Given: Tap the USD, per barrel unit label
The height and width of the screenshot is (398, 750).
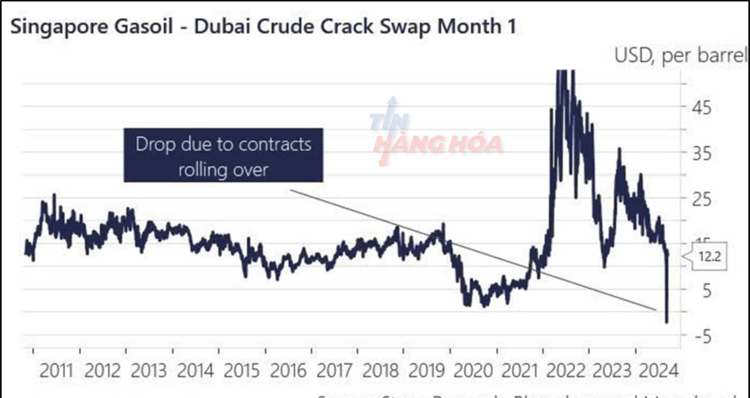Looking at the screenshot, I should tap(680, 55).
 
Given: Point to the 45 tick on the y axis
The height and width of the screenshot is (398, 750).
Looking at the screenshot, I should tap(702, 107).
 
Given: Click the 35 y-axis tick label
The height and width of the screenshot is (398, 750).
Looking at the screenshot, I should tap(702, 153).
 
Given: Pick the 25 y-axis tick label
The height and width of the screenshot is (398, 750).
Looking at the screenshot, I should tap(702, 200).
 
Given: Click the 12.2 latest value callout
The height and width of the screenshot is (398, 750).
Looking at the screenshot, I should tap(709, 257).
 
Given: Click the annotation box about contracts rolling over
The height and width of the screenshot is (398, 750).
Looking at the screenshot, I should tap(223, 155).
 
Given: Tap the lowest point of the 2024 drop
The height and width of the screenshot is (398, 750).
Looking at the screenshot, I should tap(666, 322).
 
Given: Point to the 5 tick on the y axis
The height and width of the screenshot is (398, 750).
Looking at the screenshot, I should tap(707, 291).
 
